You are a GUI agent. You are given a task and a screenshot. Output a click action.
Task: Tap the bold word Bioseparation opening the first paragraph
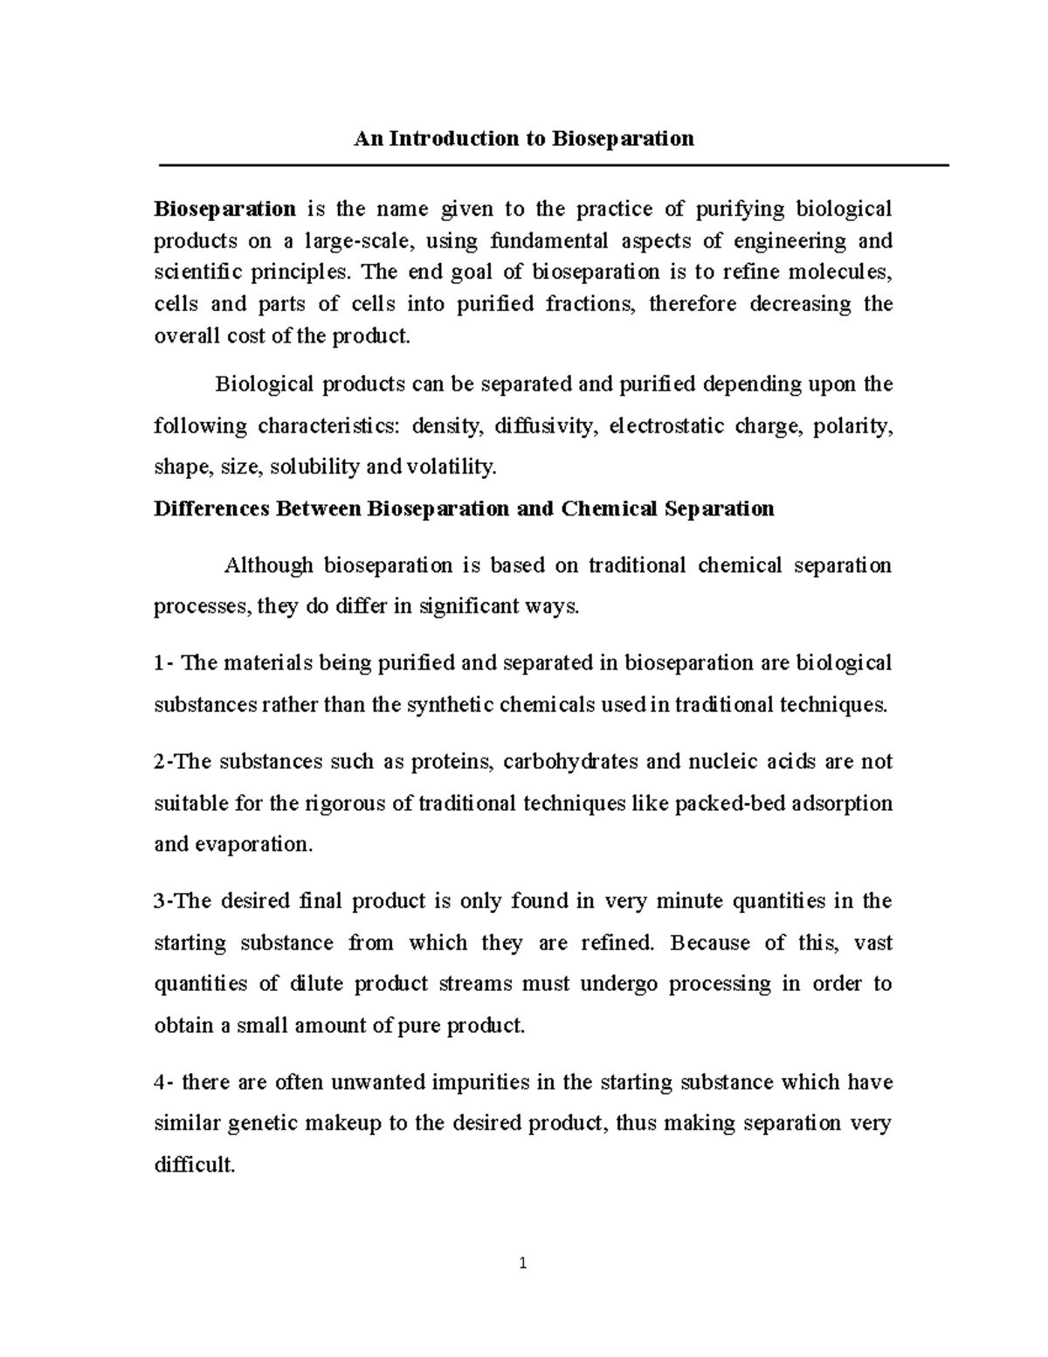point(224,209)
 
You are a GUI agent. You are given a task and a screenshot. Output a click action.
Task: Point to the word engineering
point(791,240)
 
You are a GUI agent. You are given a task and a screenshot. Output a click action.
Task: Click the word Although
point(269,565)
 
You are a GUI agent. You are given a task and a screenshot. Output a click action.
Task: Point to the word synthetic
point(450,704)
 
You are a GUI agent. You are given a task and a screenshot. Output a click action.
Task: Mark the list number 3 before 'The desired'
point(159,901)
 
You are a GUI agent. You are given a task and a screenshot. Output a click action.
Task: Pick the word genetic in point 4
point(259,1123)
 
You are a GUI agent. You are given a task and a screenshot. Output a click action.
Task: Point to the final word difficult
point(194,1165)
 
